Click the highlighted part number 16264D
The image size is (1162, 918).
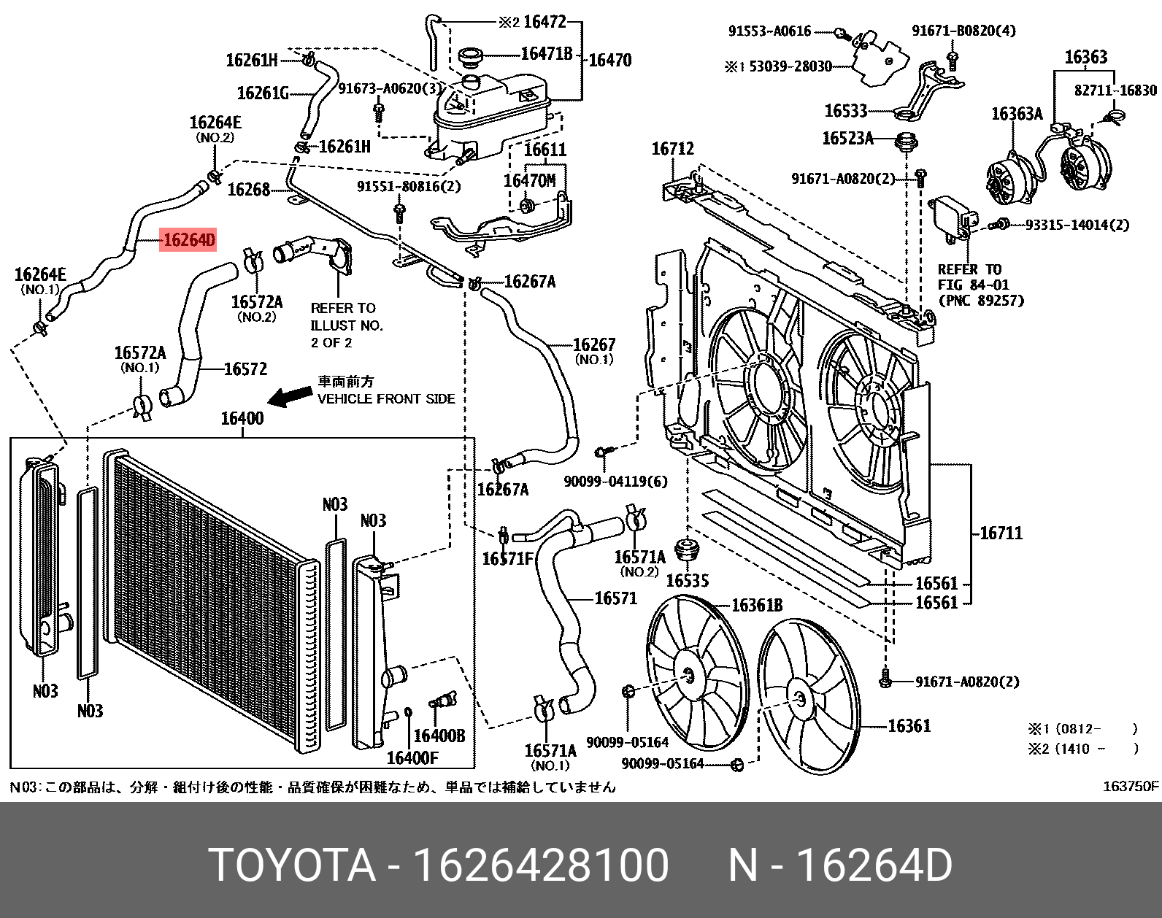click(188, 240)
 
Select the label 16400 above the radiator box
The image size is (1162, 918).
click(242, 418)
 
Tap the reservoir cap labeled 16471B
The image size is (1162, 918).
click(471, 56)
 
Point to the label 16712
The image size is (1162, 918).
click(672, 149)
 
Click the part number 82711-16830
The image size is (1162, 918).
click(1115, 90)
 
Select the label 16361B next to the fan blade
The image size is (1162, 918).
click(757, 605)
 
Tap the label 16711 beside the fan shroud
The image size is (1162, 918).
click(1001, 533)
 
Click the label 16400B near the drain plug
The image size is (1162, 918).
click(439, 736)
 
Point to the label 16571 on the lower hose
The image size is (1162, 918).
click(615, 598)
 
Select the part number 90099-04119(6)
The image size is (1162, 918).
click(615, 482)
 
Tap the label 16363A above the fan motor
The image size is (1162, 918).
click(1016, 114)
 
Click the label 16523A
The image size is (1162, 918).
click(847, 138)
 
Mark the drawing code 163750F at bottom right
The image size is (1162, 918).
click(1130, 786)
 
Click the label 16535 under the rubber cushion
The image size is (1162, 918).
click(687, 581)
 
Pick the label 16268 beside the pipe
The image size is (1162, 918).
click(249, 190)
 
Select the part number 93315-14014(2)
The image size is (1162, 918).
click(1077, 225)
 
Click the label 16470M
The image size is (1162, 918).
click(529, 180)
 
